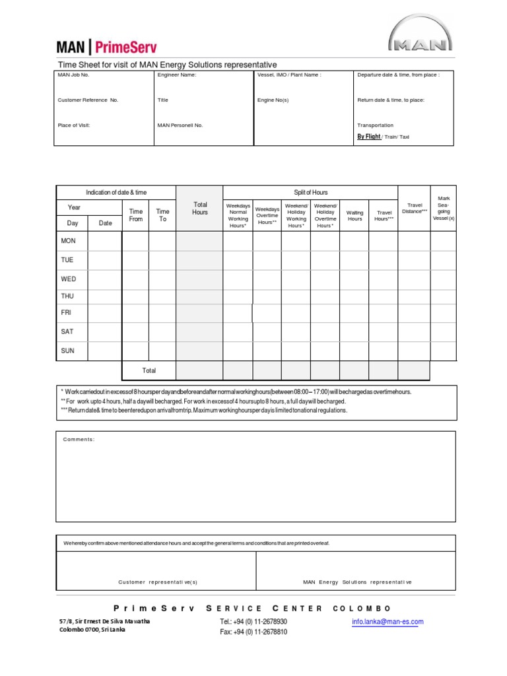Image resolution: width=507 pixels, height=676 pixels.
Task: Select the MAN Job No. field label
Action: (73, 75)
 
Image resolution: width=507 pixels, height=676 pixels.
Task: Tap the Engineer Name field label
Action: (176, 75)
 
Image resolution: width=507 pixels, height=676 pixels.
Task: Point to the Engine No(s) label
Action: (273, 100)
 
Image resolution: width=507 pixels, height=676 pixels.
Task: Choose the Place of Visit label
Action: (74, 125)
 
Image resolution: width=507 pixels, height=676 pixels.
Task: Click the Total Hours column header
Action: (199, 209)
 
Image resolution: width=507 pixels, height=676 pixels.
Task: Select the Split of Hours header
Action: (310, 192)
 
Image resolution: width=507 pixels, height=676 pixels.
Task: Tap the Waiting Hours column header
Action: (355, 215)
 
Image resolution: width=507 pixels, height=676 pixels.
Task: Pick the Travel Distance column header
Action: (415, 208)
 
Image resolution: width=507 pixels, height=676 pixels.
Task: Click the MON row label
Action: (69, 241)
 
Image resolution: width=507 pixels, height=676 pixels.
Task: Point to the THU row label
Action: (68, 296)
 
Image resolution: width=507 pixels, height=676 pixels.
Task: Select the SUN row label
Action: (68, 351)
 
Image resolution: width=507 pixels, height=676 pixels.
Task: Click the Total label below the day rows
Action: (149, 370)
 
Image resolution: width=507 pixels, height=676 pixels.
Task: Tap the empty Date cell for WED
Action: (105, 279)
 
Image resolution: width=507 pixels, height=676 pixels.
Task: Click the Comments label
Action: (79, 440)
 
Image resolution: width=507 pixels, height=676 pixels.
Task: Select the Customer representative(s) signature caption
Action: (158, 582)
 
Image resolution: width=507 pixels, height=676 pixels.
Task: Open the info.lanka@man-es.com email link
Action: (388, 621)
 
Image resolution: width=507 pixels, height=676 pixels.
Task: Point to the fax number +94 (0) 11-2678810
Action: (253, 632)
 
